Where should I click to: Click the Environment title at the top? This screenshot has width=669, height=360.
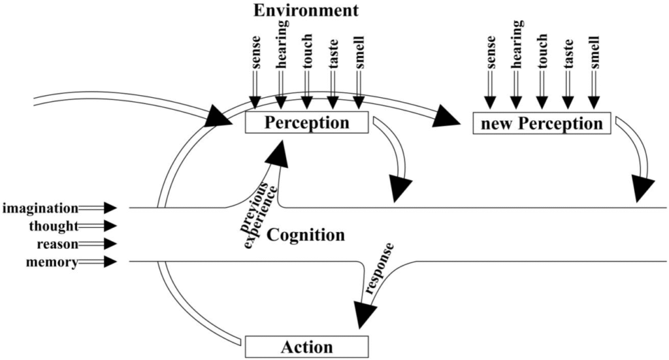point(306,10)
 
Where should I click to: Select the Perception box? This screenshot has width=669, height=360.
point(306,122)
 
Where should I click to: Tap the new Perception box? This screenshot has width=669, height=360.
point(542,123)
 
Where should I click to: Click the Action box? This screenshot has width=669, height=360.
point(306,347)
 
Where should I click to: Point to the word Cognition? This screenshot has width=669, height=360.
point(306,235)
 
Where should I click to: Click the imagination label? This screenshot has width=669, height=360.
point(41,208)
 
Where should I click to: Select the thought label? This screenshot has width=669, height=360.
point(54,226)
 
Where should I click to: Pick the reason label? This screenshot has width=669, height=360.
point(54,244)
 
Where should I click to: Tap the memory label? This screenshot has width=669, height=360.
point(52,263)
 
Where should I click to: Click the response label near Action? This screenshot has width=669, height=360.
point(381,269)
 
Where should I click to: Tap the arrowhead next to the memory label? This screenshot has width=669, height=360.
point(110,263)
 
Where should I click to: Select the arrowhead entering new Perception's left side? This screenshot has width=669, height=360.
point(450,117)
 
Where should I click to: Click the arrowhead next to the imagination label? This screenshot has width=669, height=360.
point(110,208)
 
